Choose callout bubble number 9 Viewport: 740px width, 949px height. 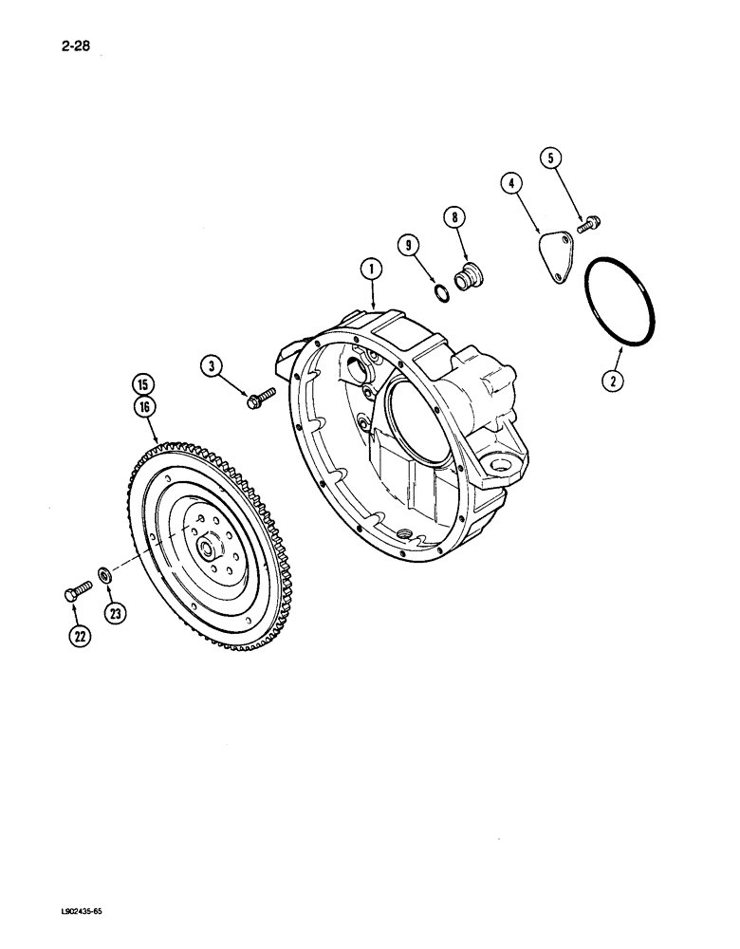411,248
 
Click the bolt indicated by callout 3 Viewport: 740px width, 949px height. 259,399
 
